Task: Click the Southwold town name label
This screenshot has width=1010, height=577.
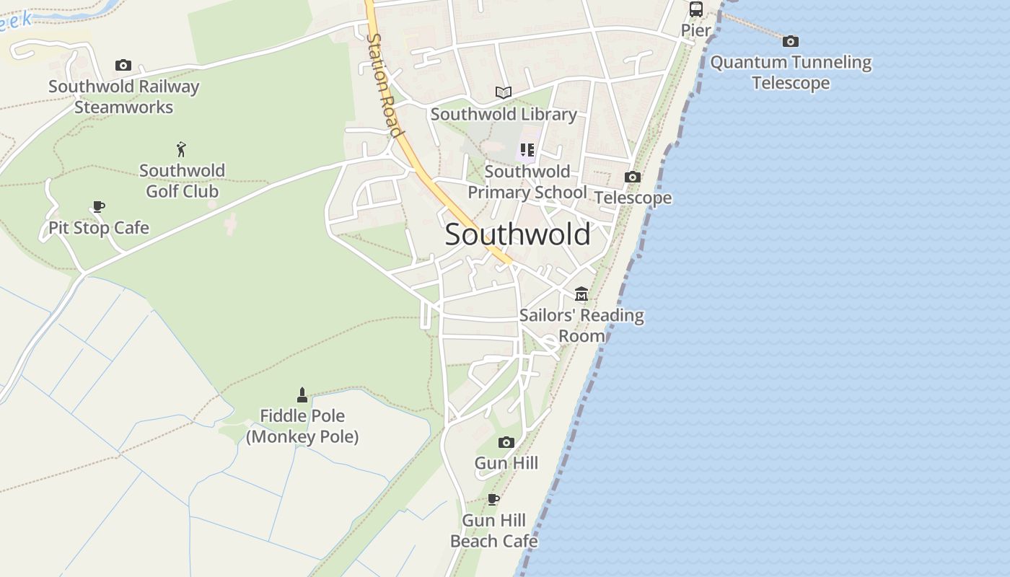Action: click(517, 234)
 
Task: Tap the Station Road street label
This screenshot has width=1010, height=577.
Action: click(383, 85)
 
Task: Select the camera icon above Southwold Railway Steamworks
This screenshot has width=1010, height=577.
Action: click(123, 66)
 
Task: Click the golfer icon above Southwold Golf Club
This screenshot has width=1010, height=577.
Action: click(182, 149)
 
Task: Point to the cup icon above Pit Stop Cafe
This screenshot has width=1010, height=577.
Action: click(99, 207)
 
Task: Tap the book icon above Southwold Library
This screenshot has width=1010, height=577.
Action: click(504, 92)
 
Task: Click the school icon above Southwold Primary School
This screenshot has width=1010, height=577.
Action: click(527, 150)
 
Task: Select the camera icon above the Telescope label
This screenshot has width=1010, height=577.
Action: click(633, 177)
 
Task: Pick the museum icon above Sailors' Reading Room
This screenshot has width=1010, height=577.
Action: click(581, 294)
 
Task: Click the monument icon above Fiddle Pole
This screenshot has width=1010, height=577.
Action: click(302, 395)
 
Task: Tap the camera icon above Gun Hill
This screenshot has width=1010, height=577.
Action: click(506, 442)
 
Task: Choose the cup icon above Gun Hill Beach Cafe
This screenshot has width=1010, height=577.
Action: click(493, 499)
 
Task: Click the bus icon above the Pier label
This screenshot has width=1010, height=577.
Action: click(696, 9)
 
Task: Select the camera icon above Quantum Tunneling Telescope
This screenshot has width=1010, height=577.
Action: click(791, 41)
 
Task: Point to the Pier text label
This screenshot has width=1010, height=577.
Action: click(696, 30)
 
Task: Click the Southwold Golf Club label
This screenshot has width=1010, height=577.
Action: click(182, 181)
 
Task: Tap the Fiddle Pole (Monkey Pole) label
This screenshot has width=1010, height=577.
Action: click(302, 426)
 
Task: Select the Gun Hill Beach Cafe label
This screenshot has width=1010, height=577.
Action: click(494, 531)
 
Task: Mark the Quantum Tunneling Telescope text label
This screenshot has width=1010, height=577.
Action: click(791, 72)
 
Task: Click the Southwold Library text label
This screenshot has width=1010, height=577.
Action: click(504, 114)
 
